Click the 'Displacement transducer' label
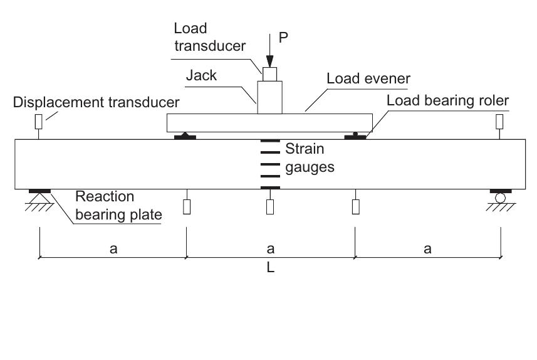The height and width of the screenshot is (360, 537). tap(96, 102)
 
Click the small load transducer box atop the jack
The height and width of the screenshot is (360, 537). tap(269, 74)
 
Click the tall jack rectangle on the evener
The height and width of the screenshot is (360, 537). tap(269, 98)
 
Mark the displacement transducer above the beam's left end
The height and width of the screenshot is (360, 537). tap(38, 120)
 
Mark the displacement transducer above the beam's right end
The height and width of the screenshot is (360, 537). tap(499, 120)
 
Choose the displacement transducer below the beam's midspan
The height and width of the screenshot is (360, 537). tap(270, 207)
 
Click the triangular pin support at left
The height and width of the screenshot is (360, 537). tap(38, 200)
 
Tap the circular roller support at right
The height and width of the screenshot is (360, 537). tap(501, 199)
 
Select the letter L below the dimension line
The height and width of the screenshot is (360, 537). tap(269, 268)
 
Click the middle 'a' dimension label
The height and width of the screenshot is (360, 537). tap(270, 249)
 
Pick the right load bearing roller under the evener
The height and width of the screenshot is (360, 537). tap(356, 135)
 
